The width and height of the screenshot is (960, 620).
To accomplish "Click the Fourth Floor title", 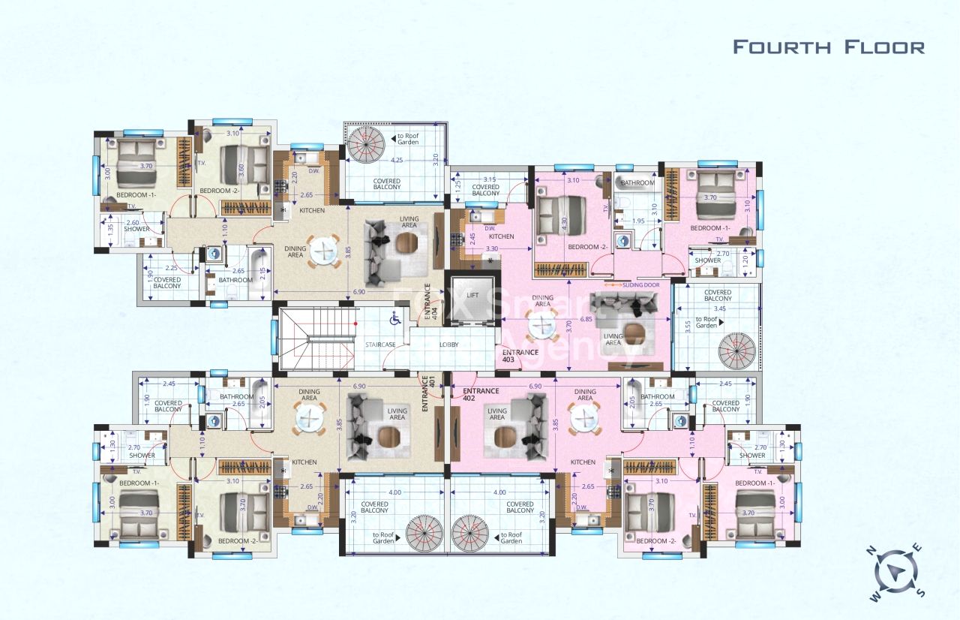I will pos(828,47).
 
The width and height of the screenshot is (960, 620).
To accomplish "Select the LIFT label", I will pos(472,296).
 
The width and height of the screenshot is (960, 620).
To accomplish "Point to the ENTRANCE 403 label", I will pos(520,356).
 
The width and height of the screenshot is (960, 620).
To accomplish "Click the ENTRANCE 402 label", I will pos(481,395).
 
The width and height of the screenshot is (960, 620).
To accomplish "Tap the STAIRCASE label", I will pos(380,345).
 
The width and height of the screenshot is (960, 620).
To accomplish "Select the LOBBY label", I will pos(450,345).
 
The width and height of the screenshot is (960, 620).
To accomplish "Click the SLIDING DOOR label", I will pos(637,284).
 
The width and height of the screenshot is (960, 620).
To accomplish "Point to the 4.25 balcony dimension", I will pos(396,160).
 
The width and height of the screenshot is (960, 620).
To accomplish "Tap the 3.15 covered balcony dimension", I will pos(490,179).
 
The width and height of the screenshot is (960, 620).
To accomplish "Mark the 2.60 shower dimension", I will pos(132,223).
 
